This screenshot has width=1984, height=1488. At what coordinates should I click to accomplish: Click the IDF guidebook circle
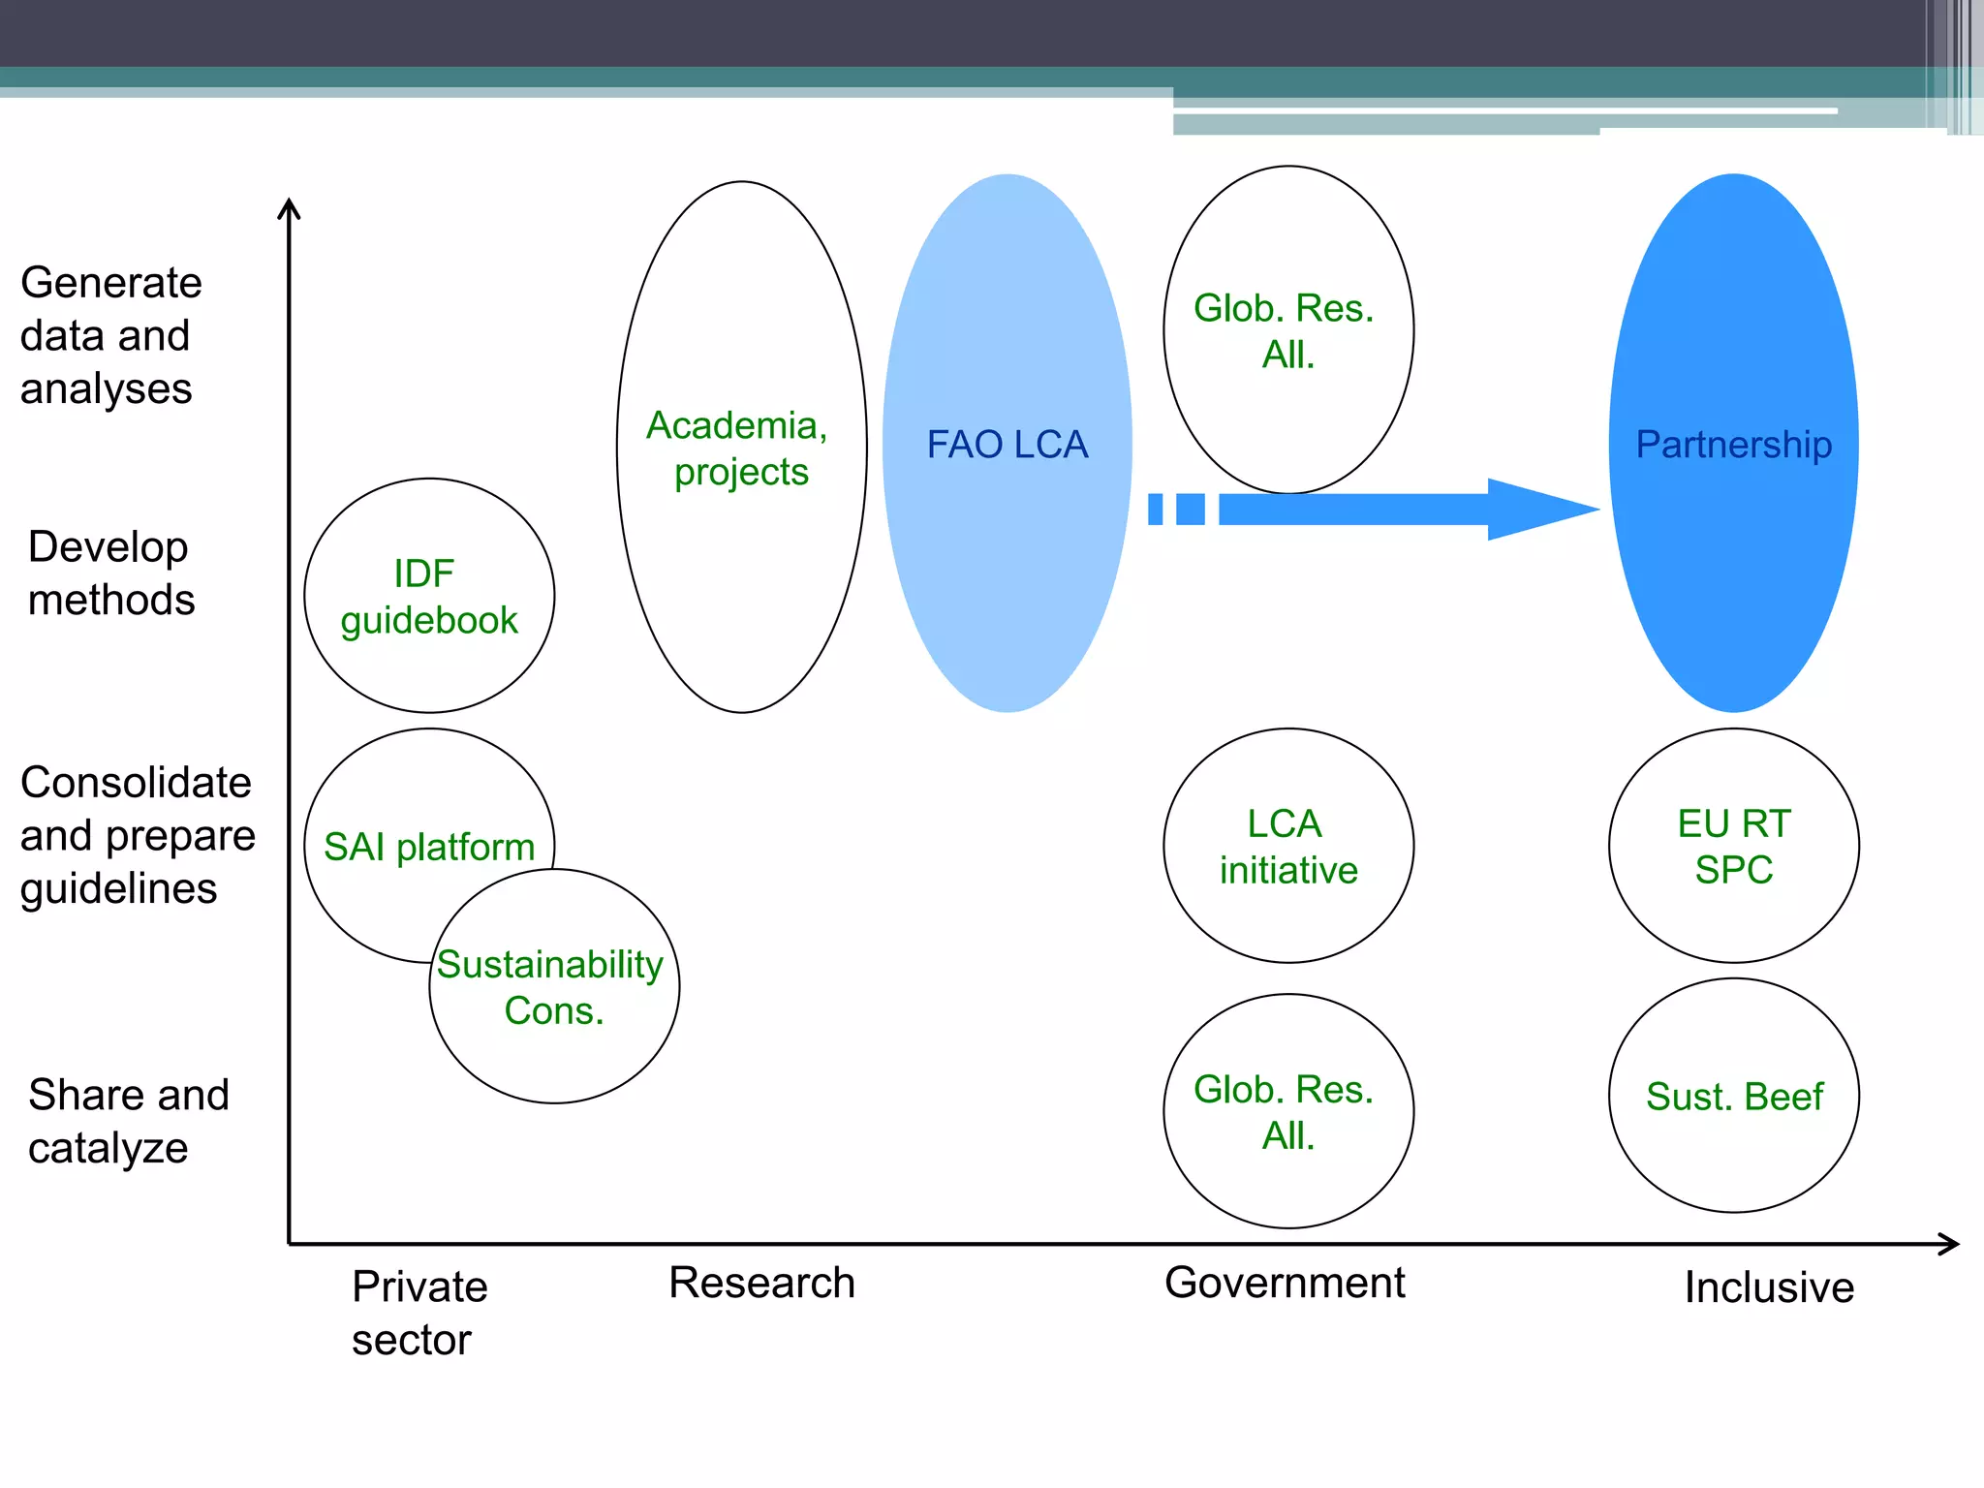click(x=429, y=596)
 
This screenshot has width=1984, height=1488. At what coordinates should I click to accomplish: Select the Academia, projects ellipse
click(x=741, y=448)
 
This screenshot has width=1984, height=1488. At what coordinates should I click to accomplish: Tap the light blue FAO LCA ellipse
click(x=1007, y=444)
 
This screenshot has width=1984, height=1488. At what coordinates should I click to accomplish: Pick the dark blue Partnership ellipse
click(x=1733, y=444)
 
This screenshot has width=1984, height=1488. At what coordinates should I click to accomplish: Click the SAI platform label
click(x=428, y=847)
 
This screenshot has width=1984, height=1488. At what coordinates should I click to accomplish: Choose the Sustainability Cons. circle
click(x=554, y=986)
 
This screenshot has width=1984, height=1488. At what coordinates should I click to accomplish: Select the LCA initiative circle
click(x=1288, y=846)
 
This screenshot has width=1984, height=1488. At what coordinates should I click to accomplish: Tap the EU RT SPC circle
click(x=1733, y=846)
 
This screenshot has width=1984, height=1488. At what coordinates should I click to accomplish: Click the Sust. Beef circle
click(x=1733, y=1096)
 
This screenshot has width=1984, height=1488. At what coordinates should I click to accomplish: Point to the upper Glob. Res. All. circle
click(x=1288, y=330)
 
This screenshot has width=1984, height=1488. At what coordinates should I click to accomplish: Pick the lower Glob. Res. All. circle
click(x=1288, y=1111)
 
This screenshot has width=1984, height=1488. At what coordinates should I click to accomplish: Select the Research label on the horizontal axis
click(x=761, y=1283)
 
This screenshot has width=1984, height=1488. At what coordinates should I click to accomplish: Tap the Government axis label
click(x=1285, y=1283)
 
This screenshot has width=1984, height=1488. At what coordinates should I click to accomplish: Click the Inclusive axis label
click(x=1769, y=1287)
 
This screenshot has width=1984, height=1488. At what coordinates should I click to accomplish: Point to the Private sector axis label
click(x=418, y=1313)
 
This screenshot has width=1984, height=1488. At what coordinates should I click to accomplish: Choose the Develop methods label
click(x=110, y=573)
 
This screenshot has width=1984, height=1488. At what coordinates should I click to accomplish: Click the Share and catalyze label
click(x=128, y=1121)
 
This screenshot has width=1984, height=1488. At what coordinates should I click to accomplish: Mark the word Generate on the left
click(x=111, y=283)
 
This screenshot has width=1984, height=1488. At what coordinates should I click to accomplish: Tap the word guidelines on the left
click(x=118, y=888)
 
